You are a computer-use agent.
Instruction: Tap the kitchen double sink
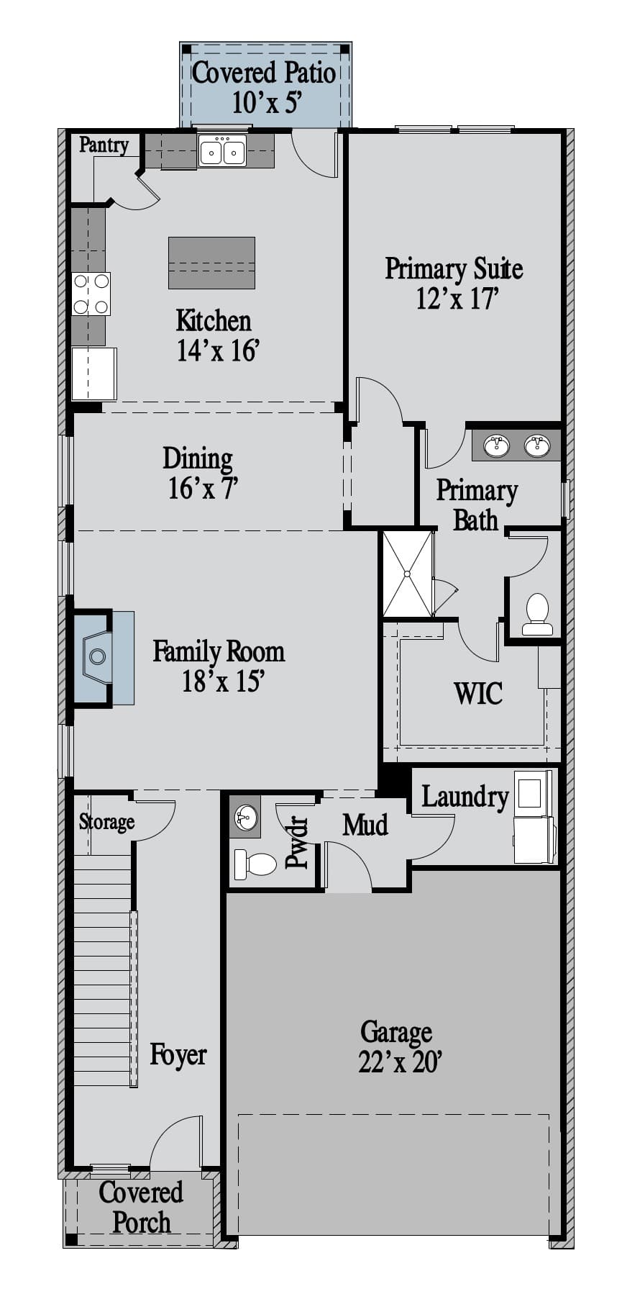[222, 151]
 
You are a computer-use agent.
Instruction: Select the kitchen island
[211, 263]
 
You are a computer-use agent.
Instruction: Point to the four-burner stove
[91, 294]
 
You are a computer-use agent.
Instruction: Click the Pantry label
[104, 145]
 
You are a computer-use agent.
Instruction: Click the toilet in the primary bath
[537, 615]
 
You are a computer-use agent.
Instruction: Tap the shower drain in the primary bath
[407, 574]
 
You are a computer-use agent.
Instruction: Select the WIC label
[478, 693]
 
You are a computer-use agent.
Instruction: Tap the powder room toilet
[255, 864]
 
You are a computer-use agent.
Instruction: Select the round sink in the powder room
[246, 818]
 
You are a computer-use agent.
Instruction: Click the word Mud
[365, 825]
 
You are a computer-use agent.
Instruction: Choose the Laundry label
[465, 797]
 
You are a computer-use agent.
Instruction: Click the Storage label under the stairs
[106, 821]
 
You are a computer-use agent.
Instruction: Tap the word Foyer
[178, 1055]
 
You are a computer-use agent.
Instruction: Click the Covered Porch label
[141, 1207]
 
